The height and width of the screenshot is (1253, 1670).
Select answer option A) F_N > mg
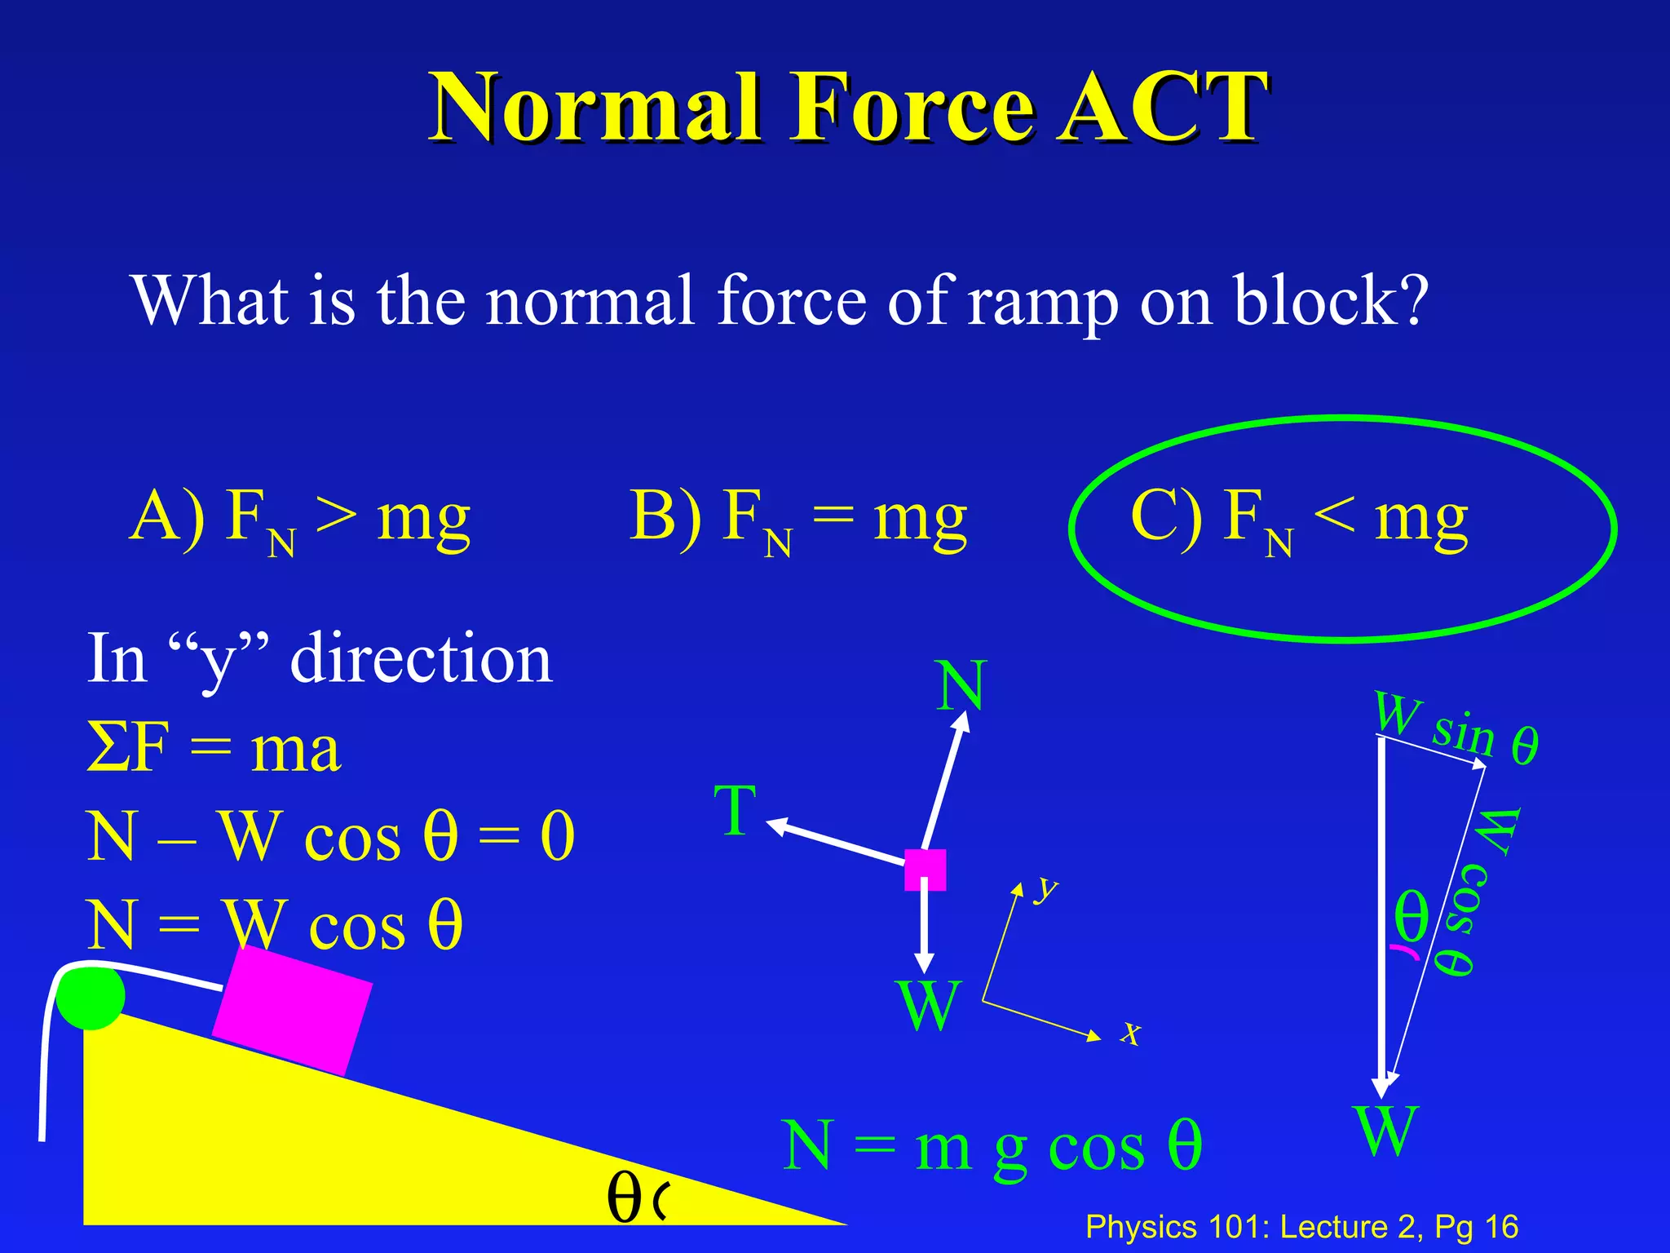[299, 519]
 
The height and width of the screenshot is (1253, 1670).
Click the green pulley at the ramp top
[91, 996]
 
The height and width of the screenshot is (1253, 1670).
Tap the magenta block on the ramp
[292, 1011]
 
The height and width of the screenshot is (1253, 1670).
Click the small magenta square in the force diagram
[925, 870]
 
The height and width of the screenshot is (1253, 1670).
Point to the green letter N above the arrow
[961, 686]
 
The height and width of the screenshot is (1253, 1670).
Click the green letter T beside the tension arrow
[736, 811]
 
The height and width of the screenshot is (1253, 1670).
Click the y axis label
[1045, 888]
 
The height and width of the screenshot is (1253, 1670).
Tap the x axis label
[1130, 1033]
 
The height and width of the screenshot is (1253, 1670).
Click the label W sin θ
[1456, 728]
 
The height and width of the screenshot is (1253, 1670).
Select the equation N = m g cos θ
[992, 1145]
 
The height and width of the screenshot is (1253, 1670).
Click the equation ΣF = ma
[214, 749]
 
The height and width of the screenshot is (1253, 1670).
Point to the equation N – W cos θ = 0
[331, 837]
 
